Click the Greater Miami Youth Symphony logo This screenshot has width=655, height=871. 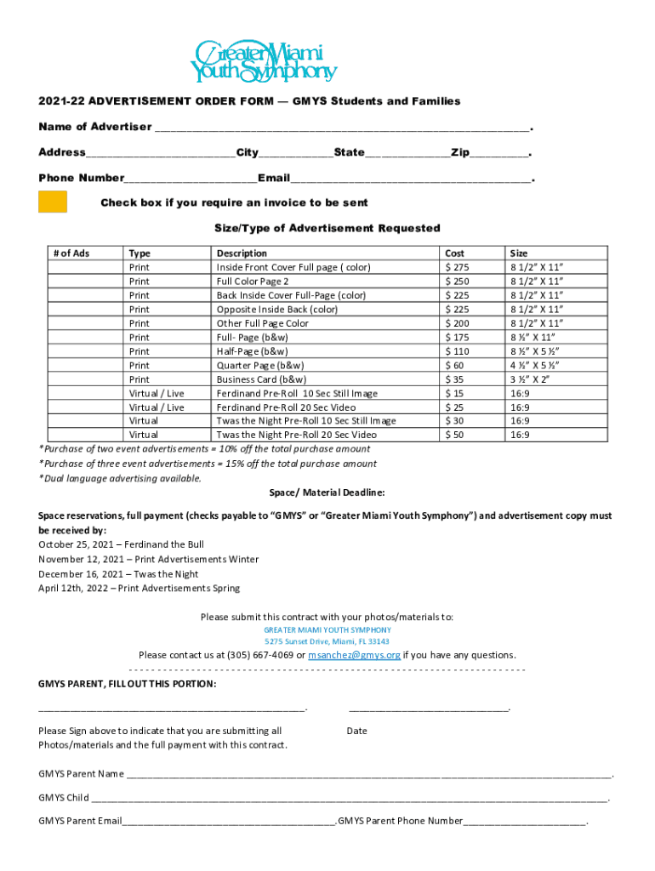tap(264, 61)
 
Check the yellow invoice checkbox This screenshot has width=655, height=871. tap(53, 202)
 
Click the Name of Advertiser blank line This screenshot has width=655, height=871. tap(340, 128)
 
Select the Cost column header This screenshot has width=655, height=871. tap(455, 253)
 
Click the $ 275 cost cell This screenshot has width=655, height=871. tap(458, 267)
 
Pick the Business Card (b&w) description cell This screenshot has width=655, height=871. tap(262, 379)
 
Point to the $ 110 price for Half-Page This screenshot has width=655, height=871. tap(458, 351)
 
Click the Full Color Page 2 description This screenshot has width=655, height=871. tap(253, 282)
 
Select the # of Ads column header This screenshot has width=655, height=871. tap(71, 253)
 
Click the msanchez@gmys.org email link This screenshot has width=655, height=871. tap(354, 656)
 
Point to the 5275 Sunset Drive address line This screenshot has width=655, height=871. tap(327, 641)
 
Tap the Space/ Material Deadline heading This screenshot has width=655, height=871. tap(327, 492)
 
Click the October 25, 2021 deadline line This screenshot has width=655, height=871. tap(121, 544)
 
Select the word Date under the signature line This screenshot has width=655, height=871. tap(356, 731)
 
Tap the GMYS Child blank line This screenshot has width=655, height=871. tap(349, 799)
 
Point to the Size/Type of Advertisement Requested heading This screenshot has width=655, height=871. tap(327, 228)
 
